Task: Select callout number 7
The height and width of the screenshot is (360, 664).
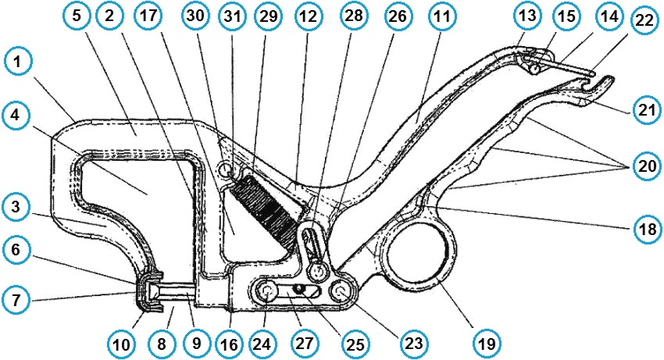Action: coord(18,299)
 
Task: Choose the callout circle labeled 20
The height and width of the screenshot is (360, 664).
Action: coord(645,167)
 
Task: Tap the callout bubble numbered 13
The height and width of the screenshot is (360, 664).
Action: coord(527,16)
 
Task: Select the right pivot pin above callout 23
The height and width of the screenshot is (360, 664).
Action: coord(341,291)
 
